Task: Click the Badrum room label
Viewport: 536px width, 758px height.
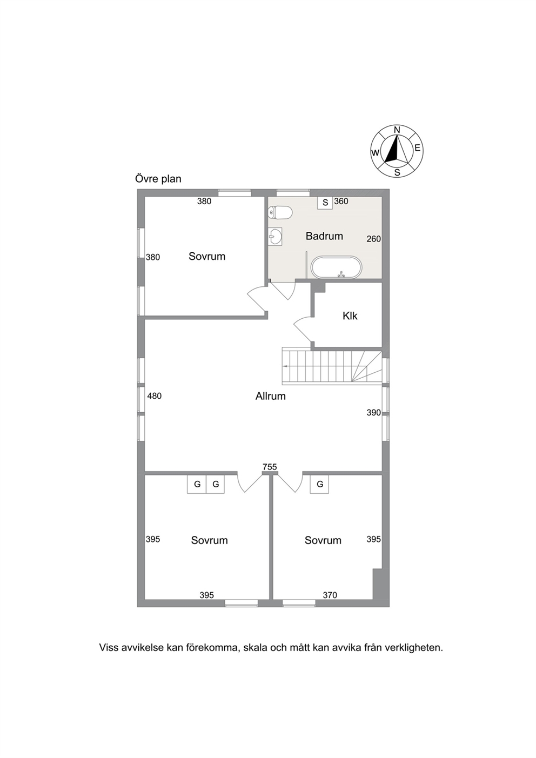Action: pyautogui.click(x=324, y=236)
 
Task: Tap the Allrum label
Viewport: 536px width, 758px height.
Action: pyautogui.click(x=270, y=396)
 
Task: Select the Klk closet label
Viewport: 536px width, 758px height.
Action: pyautogui.click(x=350, y=316)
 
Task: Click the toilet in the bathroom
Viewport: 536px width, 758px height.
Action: pyautogui.click(x=280, y=212)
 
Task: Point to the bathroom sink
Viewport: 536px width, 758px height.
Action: pyautogui.click(x=275, y=236)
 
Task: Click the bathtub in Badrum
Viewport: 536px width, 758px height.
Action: pyautogui.click(x=337, y=267)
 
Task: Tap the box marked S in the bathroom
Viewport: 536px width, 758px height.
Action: pyautogui.click(x=325, y=203)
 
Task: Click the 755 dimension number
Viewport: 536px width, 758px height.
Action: pyautogui.click(x=270, y=467)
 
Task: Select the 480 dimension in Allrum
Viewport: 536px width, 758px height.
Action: pyautogui.click(x=155, y=395)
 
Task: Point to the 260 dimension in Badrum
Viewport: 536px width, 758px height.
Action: pyautogui.click(x=373, y=239)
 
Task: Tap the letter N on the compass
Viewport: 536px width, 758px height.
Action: pyautogui.click(x=397, y=130)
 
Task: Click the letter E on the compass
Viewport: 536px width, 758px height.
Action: pyautogui.click(x=417, y=148)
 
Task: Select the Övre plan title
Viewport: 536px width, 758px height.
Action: pyautogui.click(x=158, y=178)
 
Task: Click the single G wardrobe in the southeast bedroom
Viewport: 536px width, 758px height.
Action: pyautogui.click(x=320, y=484)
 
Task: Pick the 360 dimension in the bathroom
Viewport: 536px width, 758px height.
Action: pyautogui.click(x=341, y=201)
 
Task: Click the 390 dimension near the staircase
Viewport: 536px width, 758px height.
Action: pyautogui.click(x=373, y=413)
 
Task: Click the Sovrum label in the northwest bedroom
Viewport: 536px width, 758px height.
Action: pyautogui.click(x=207, y=256)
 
